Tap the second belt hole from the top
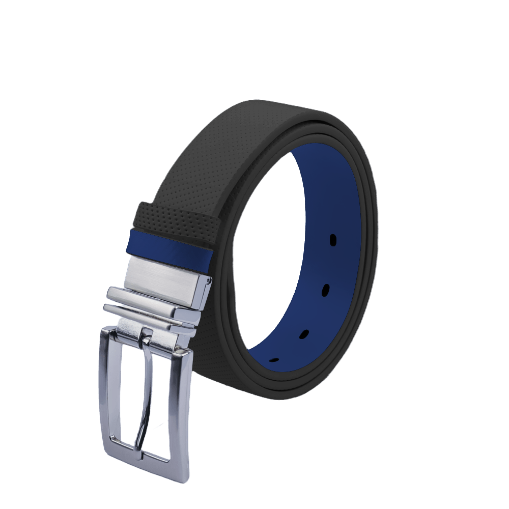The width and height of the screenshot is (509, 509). coord(325,289)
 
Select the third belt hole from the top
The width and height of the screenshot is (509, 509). coord(304,334)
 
